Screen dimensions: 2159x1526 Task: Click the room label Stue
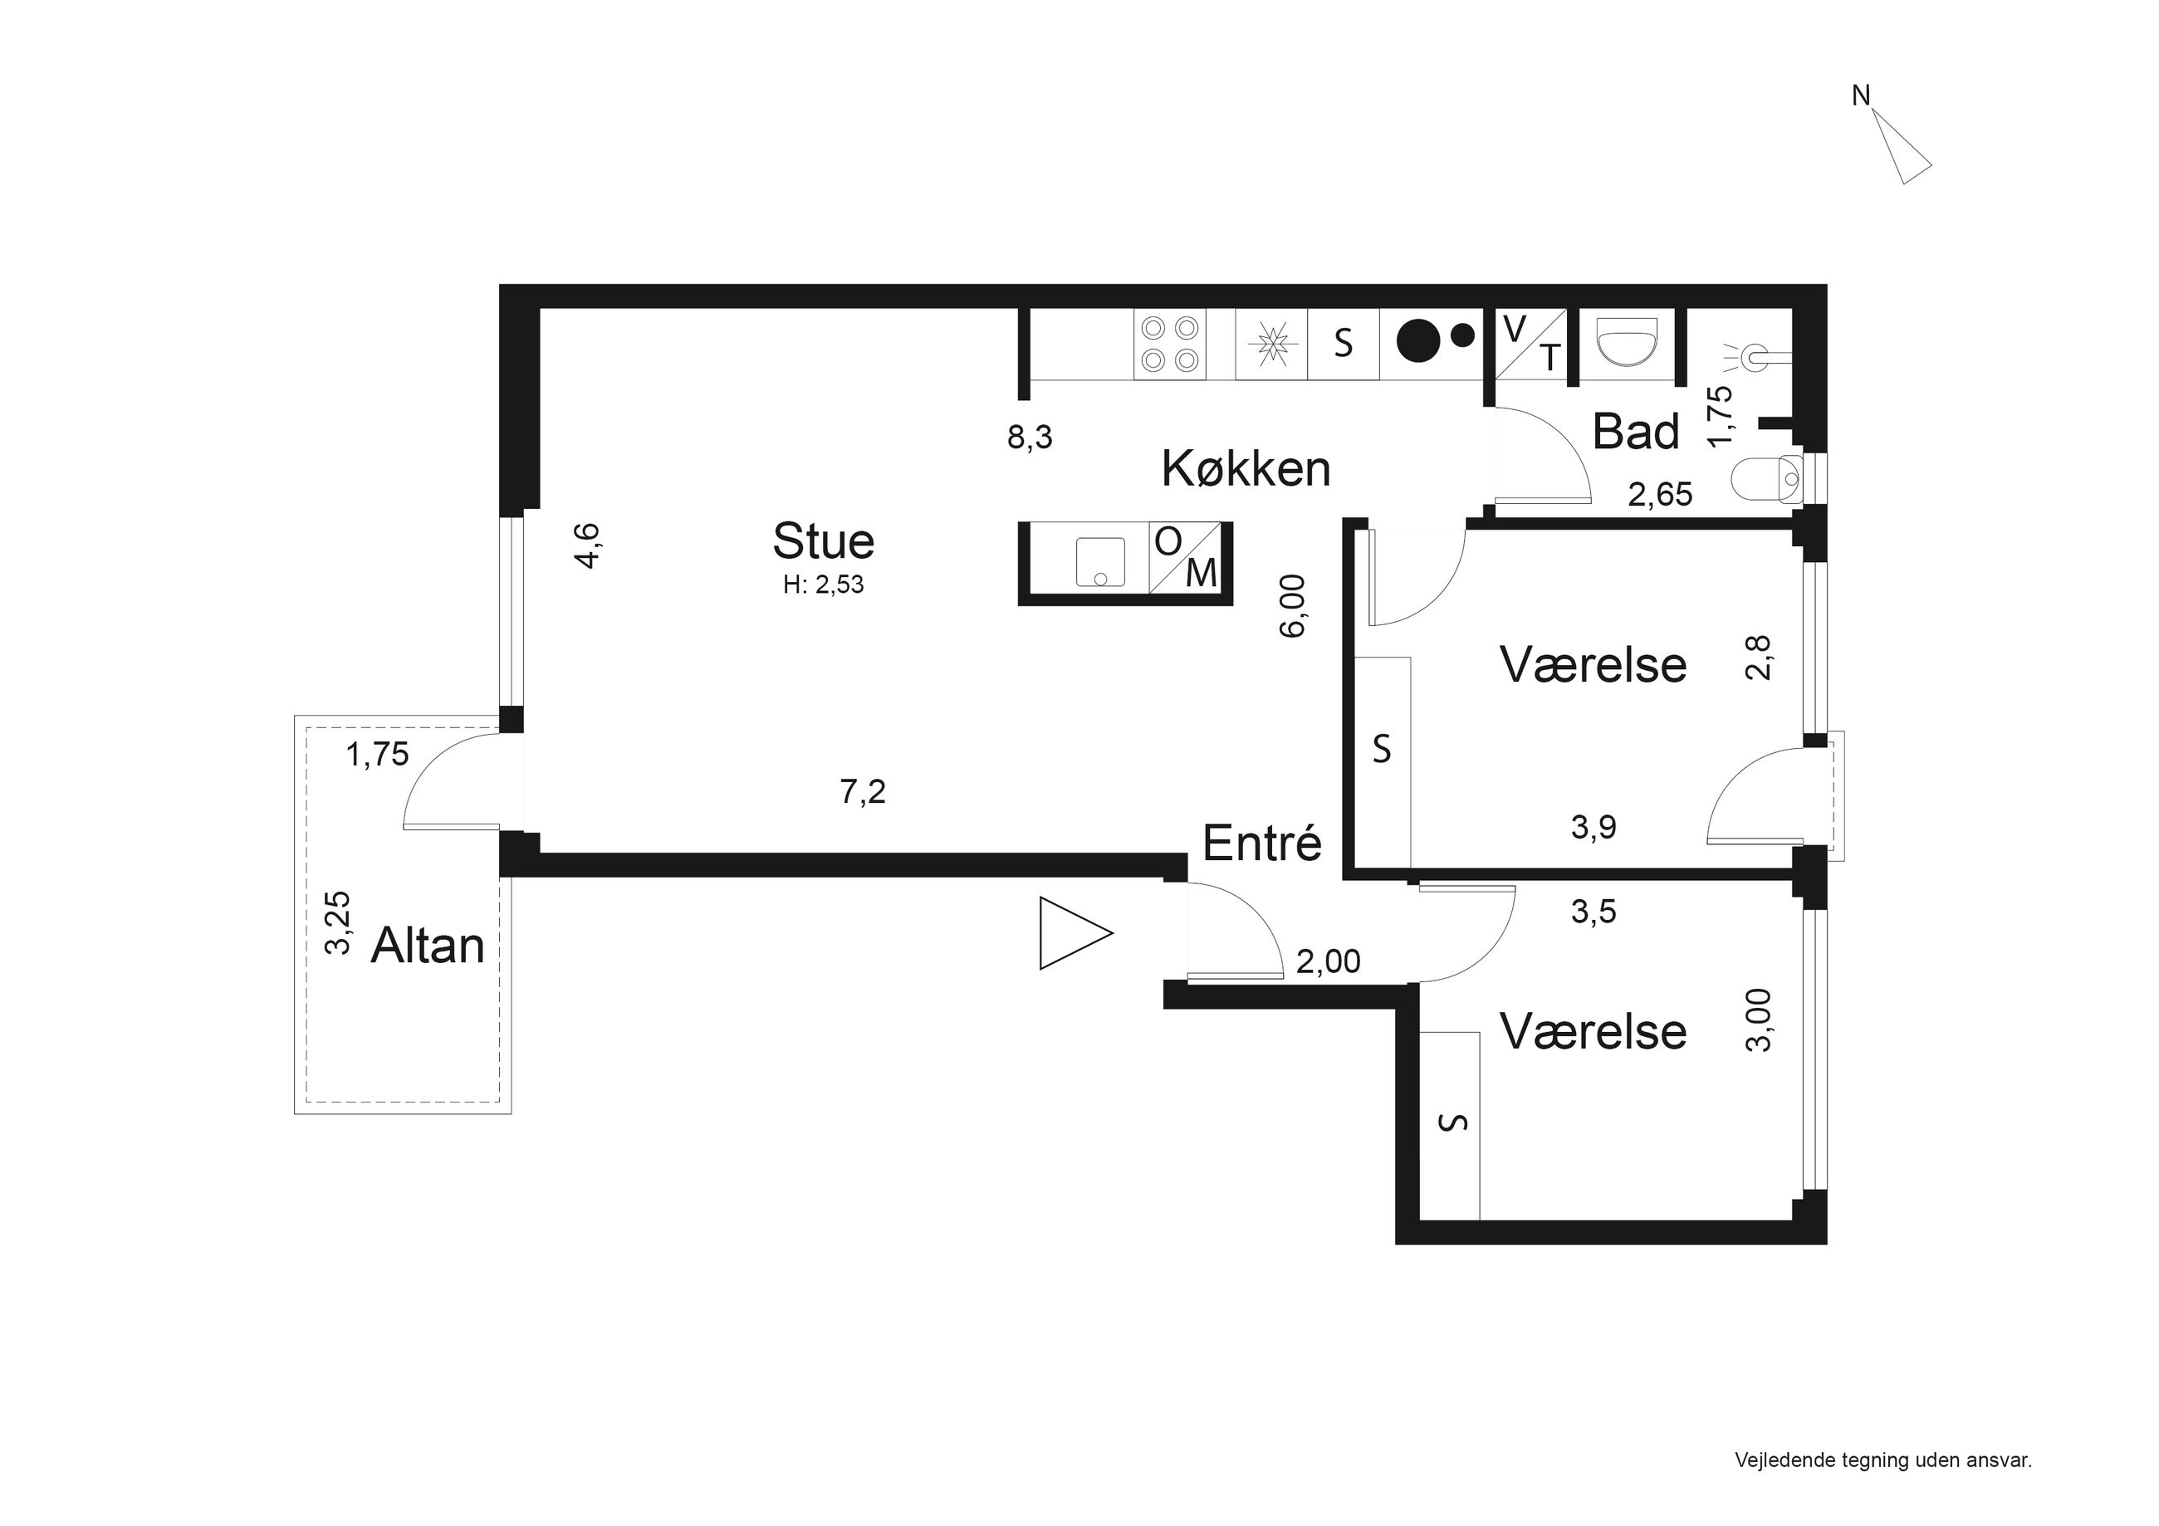(x=824, y=540)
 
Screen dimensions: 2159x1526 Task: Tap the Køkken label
(x=1246, y=468)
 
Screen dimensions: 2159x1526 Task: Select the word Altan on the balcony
(x=428, y=945)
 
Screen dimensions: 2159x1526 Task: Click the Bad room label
(x=1636, y=432)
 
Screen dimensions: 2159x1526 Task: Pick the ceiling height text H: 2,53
(x=824, y=584)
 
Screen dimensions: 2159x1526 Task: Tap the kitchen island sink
(x=1100, y=562)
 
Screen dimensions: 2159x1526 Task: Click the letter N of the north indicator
(x=1861, y=96)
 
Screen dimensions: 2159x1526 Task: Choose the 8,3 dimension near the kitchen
(x=1030, y=438)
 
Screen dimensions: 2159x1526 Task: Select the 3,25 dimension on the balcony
(x=338, y=923)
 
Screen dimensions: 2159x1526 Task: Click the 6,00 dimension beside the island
(x=1294, y=605)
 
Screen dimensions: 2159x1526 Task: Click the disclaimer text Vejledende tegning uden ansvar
(x=1883, y=1461)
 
